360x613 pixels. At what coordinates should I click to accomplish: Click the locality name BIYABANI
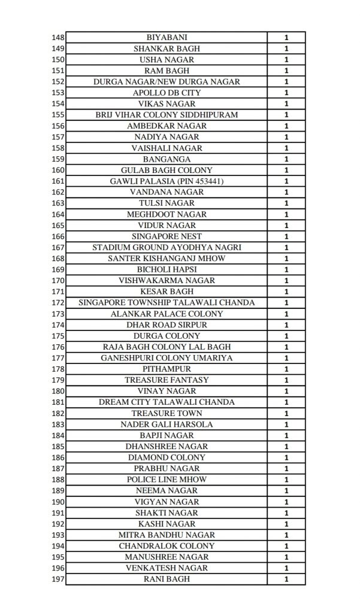point(167,37)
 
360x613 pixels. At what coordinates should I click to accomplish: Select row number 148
point(58,37)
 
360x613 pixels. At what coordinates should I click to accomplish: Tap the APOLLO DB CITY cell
point(167,93)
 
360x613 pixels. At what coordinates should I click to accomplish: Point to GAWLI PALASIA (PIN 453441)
point(167,181)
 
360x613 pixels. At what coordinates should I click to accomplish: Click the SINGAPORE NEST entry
point(167,236)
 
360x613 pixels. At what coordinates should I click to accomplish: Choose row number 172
point(58,302)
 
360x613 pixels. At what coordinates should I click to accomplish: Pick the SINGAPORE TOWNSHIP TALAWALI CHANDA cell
point(167,302)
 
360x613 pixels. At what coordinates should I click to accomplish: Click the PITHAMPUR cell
point(167,369)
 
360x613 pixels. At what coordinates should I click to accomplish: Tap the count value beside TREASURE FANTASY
point(286,380)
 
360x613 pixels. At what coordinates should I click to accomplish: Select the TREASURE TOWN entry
point(167,413)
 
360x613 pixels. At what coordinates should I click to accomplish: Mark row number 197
point(58,579)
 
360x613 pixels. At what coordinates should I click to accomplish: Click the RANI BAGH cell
point(167,579)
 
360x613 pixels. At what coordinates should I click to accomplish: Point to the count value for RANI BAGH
point(286,579)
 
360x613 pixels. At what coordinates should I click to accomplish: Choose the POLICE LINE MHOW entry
point(167,480)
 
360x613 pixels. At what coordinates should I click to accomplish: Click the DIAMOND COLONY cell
point(167,457)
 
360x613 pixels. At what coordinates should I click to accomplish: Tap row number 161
point(58,181)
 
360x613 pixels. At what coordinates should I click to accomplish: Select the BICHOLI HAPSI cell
point(167,269)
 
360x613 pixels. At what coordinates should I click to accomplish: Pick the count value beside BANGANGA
point(286,159)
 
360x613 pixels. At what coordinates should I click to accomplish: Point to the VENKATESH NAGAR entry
point(167,568)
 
